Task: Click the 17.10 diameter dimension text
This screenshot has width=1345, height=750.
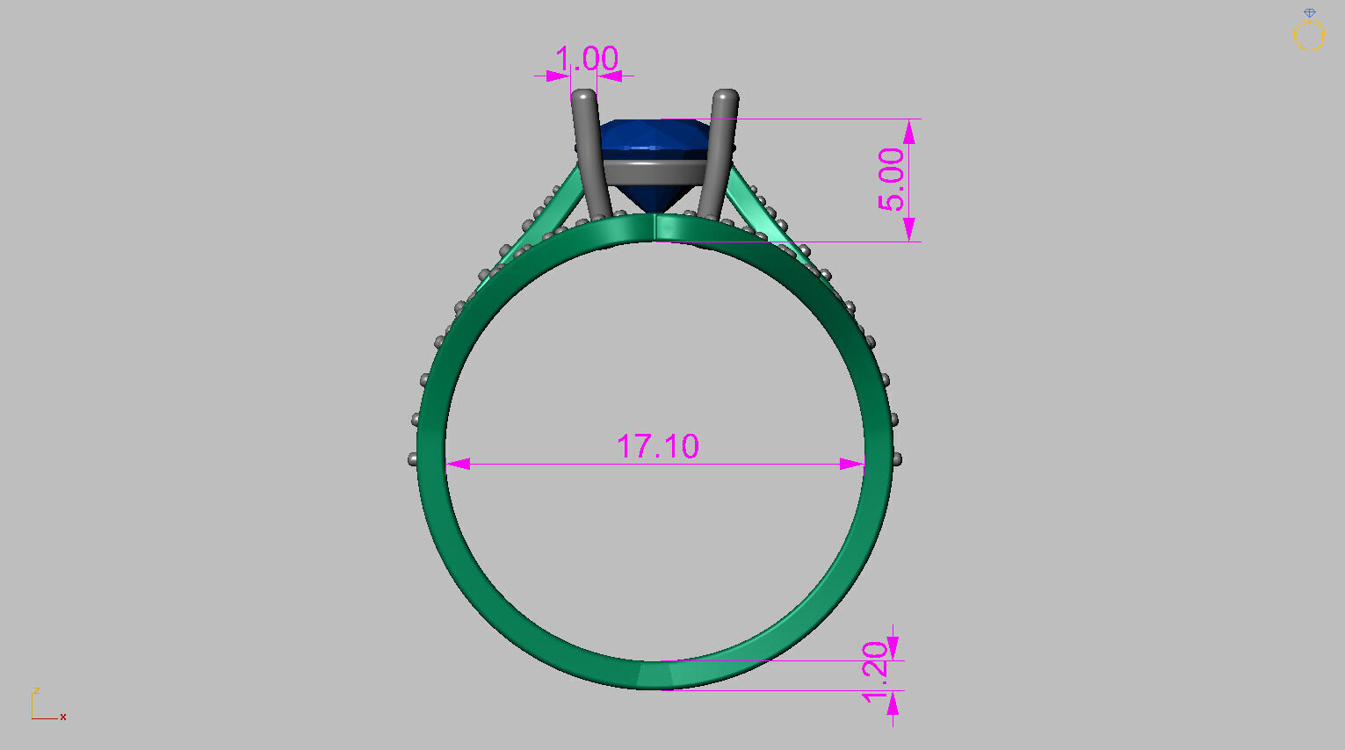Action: (x=657, y=446)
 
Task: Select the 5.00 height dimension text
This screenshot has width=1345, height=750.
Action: (x=891, y=179)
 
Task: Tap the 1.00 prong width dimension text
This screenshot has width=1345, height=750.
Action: (x=586, y=60)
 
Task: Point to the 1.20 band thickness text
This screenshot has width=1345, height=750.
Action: (x=876, y=672)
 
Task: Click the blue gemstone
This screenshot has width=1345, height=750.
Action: (x=654, y=140)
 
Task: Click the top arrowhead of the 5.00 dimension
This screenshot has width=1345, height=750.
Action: (x=909, y=132)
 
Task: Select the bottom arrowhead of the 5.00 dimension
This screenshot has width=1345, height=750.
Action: (x=909, y=229)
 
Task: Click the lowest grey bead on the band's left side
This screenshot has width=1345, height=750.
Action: (x=413, y=458)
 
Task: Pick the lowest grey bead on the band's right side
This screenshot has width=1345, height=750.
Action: (x=897, y=458)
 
